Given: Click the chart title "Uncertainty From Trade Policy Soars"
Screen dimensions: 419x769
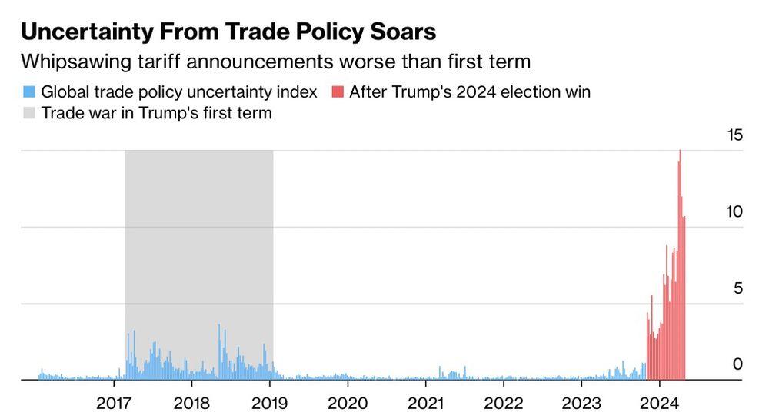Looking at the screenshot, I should coord(228,32).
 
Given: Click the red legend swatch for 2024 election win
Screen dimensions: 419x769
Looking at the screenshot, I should coord(337,92).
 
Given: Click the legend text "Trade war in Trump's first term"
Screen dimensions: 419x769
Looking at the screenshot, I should coord(156,114).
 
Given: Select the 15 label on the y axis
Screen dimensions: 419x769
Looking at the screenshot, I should coord(735,135).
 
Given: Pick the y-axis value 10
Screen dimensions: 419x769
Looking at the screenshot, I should coord(734,211).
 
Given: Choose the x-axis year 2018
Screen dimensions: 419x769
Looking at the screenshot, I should coord(191,403).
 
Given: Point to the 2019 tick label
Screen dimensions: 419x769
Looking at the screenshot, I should coord(269,403).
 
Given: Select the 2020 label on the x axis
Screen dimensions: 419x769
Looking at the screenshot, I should coord(348,403).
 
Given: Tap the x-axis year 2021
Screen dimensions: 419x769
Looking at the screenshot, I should coord(424,403).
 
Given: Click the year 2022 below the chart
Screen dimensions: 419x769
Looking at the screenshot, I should coord(503,403).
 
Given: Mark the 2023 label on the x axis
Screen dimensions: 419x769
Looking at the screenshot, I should coord(581,403).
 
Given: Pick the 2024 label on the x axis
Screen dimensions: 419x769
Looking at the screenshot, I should coord(658,403).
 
